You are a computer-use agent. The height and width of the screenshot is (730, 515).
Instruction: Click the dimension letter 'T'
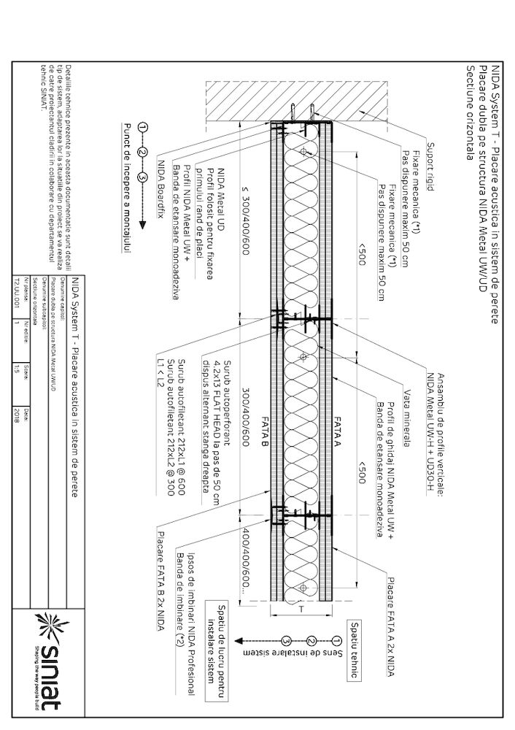click(300, 608)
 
